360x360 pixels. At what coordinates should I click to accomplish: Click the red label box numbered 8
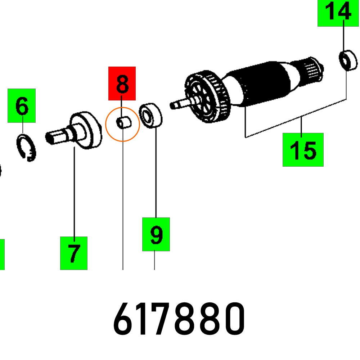pyautogui.click(x=122, y=83)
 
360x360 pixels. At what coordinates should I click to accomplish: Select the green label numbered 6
pyautogui.click(x=22, y=105)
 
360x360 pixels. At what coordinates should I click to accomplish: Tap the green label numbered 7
pyautogui.click(x=74, y=253)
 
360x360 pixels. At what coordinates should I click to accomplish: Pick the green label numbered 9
pyautogui.click(x=156, y=234)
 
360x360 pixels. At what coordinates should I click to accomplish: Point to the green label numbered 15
pyautogui.click(x=303, y=150)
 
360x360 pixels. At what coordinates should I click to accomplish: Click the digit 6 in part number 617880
pyautogui.click(x=124, y=319)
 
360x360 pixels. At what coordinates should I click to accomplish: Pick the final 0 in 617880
pyautogui.click(x=233, y=319)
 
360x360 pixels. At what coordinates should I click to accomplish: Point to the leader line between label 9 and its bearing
pyautogui.click(x=156, y=173)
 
